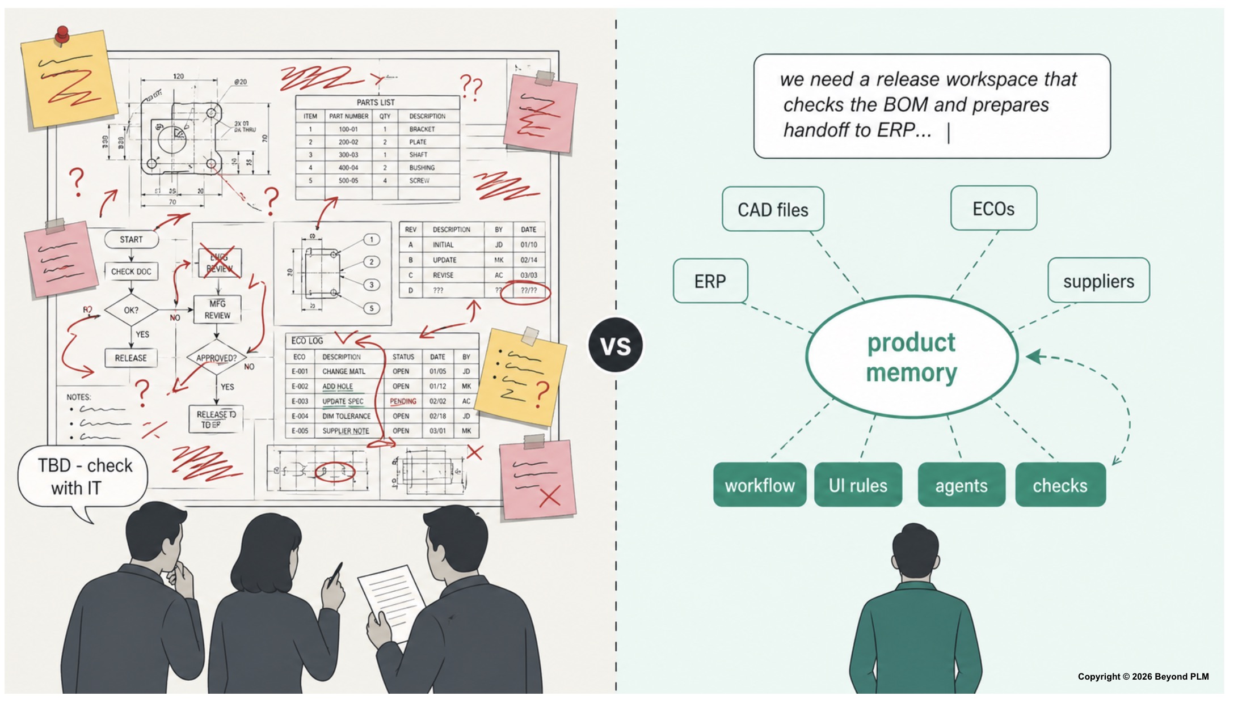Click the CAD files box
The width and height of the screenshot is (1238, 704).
click(773, 209)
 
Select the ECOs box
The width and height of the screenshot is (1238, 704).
click(993, 208)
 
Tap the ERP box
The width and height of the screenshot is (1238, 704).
click(710, 281)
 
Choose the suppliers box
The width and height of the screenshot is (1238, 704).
click(1098, 281)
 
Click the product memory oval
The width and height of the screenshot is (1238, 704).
click(911, 357)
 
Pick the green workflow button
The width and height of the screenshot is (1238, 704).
click(759, 485)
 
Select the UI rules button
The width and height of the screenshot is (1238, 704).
click(858, 485)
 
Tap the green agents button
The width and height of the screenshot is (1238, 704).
click(961, 485)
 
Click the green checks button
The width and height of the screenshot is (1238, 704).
click(1060, 485)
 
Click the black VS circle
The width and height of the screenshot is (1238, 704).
click(616, 345)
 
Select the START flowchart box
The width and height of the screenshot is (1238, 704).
click(131, 239)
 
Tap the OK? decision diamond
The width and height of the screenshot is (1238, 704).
click(131, 310)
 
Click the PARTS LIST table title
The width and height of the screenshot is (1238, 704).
click(376, 102)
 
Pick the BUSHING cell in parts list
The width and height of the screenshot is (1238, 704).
click(422, 168)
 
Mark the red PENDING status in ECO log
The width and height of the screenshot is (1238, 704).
click(403, 401)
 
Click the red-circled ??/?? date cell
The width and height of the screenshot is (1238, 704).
click(529, 291)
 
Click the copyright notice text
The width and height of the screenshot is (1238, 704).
click(1143, 676)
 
